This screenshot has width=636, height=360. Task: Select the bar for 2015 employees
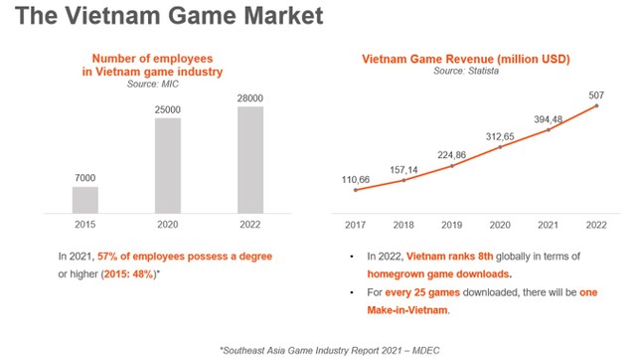tap(85, 200)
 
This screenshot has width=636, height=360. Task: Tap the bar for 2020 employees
tap(168, 165)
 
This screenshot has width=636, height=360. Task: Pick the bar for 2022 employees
tap(249, 159)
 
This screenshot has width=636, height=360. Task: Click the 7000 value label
tap(85, 176)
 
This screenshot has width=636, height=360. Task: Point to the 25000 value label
tap(168, 107)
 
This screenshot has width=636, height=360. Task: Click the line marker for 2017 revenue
tap(355, 189)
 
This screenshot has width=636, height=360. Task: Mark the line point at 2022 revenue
tap(596, 106)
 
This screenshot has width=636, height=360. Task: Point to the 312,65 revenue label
tap(499, 135)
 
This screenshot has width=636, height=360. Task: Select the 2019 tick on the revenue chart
tap(451, 226)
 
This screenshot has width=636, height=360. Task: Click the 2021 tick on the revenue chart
tap(548, 226)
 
